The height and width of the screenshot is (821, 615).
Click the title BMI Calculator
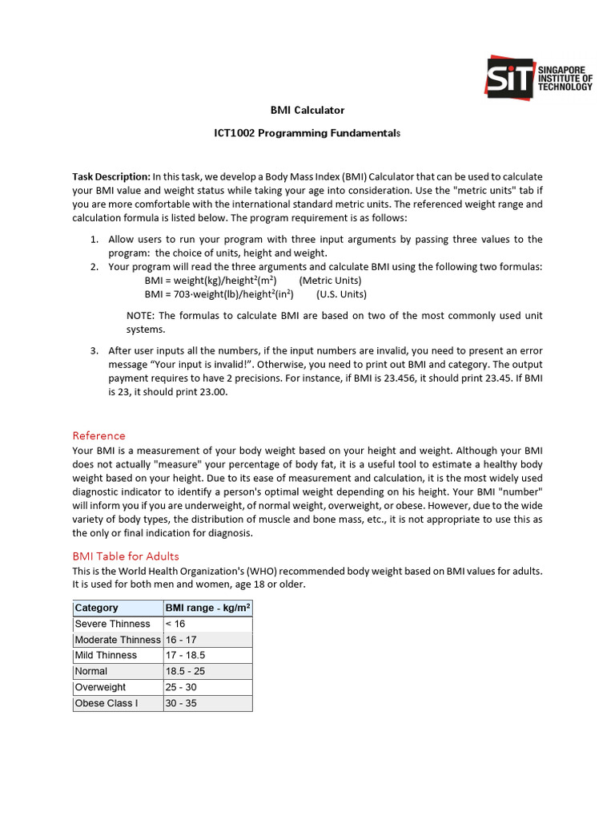coord(307,110)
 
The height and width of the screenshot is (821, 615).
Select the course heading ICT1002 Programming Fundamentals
coord(307,132)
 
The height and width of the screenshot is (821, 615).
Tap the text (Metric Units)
coord(330,281)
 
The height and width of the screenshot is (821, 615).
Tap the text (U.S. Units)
coord(341,294)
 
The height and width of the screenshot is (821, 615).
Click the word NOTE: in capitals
coord(142,315)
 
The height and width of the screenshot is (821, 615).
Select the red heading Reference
coord(98,435)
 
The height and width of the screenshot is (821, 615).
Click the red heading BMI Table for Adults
coord(126,556)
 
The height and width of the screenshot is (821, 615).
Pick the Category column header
coord(96,608)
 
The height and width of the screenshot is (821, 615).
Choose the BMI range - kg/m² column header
coord(207,608)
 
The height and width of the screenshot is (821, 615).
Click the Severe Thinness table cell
coord(112,624)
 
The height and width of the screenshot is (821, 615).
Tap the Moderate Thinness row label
coord(117,640)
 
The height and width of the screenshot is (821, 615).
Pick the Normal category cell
coord(90,671)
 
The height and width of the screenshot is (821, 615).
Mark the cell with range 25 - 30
coord(181,687)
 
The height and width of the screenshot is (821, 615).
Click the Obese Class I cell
coord(106,703)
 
